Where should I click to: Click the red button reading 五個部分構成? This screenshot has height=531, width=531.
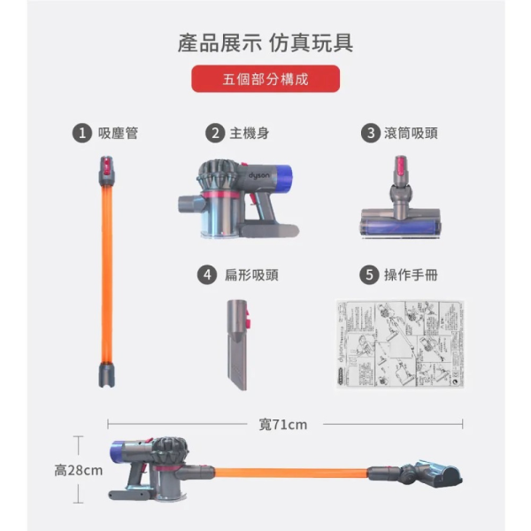tap(265, 79)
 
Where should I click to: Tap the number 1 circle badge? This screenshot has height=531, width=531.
tap(82, 134)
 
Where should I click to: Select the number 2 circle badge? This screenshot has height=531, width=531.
tap(214, 134)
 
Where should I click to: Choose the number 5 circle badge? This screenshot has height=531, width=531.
tap(369, 275)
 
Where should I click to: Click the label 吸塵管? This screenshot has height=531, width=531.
tap(118, 134)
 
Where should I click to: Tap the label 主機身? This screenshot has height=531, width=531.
tap(250, 134)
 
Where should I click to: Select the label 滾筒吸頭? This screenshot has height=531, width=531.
tap(412, 134)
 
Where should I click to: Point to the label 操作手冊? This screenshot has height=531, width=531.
tap(411, 275)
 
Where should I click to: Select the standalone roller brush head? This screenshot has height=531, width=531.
tap(400, 204)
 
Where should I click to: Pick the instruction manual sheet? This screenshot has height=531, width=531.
tap(400, 345)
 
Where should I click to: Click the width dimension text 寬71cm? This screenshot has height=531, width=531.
tap(283, 425)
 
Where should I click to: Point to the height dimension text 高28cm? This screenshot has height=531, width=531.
tap(79, 470)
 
